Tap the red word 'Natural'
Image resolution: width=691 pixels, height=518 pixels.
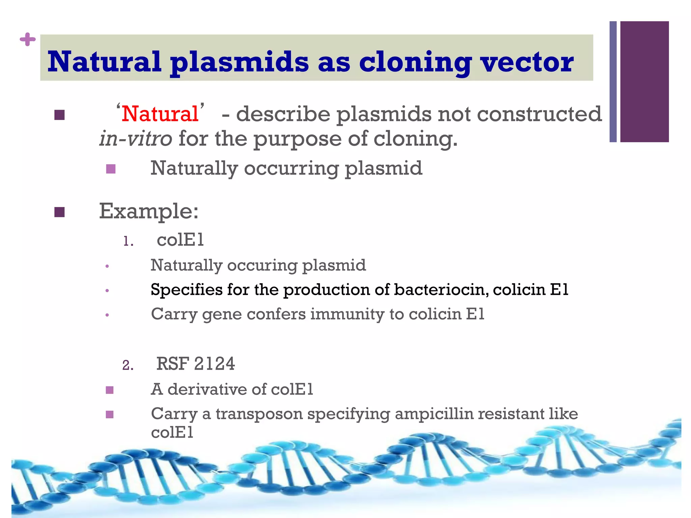(160, 114)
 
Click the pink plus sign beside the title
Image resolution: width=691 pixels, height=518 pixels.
(28, 40)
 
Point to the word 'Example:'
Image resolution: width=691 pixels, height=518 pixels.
(149, 211)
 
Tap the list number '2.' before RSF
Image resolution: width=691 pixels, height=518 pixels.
(128, 365)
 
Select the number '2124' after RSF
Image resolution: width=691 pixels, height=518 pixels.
(214, 364)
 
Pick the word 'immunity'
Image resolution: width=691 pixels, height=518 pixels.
(347, 314)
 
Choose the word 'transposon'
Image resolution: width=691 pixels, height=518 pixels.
(259, 414)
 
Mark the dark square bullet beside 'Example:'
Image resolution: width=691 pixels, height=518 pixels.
(59, 212)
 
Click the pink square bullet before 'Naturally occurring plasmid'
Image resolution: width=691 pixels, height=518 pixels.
(111, 169)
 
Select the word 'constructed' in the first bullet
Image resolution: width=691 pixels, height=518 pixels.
(539, 114)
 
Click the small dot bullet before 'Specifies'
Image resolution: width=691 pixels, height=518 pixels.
(107, 290)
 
